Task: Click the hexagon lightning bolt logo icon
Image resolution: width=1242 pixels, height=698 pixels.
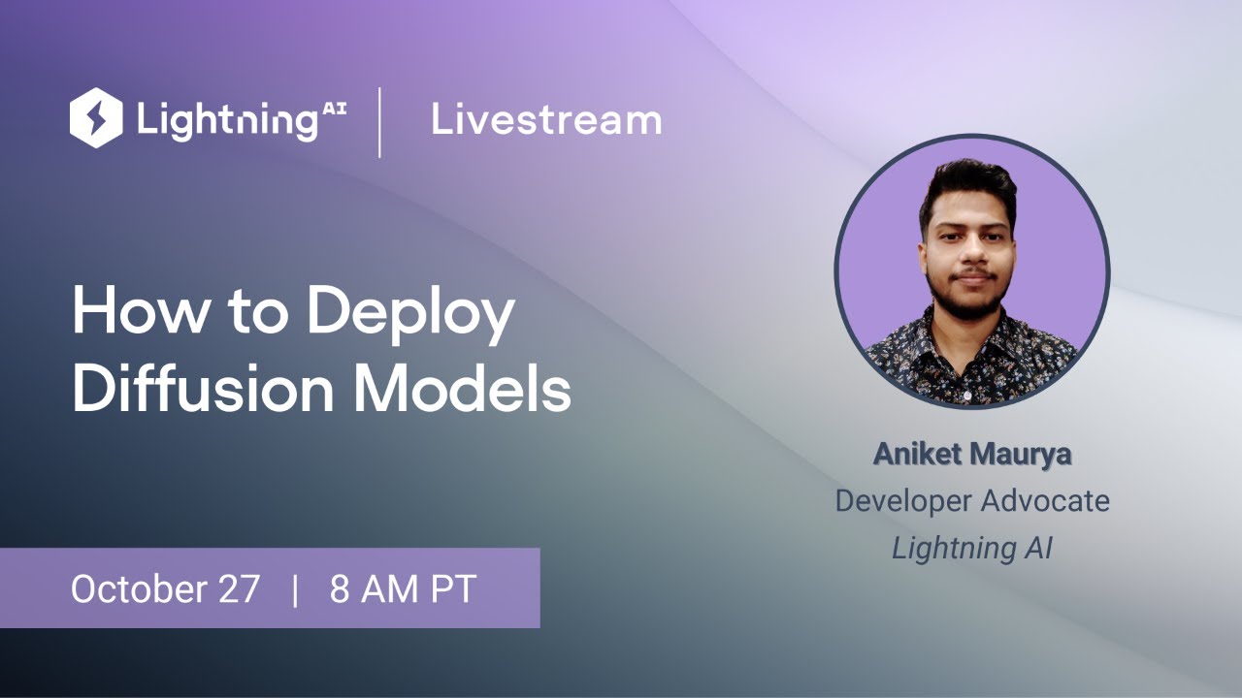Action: [x=96, y=118]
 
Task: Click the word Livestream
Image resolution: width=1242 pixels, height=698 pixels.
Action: [x=546, y=120]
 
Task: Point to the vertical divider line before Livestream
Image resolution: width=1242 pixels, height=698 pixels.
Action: [x=379, y=121]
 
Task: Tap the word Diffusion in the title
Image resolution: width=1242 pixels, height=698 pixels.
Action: [x=200, y=389]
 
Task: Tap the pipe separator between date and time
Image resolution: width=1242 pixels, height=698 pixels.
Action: [x=295, y=589]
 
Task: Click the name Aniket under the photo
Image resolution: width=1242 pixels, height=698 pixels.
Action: [x=917, y=454]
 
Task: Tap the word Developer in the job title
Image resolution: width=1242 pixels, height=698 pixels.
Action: [x=903, y=501]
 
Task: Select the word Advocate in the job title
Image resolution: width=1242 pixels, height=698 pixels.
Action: [x=1044, y=500]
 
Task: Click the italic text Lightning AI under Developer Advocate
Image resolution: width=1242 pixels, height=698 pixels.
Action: [x=972, y=548]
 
